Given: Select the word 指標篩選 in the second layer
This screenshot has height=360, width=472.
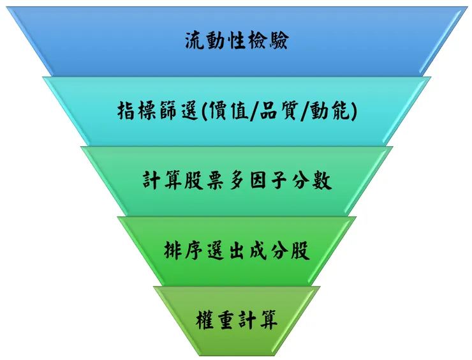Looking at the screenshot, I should point(158,112).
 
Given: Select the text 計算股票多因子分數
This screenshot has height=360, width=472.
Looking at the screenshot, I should point(237,181).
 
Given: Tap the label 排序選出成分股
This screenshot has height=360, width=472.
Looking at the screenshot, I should point(237,251).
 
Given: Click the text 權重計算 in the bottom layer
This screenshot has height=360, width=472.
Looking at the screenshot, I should point(237,319).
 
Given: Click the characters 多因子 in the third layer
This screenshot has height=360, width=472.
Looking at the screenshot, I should point(258,181).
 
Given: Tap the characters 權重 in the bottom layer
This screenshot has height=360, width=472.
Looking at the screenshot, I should point(216,319).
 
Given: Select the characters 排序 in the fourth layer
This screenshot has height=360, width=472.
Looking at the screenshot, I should point(184,251).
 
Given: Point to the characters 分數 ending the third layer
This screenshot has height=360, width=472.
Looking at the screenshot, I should point(311,181).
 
